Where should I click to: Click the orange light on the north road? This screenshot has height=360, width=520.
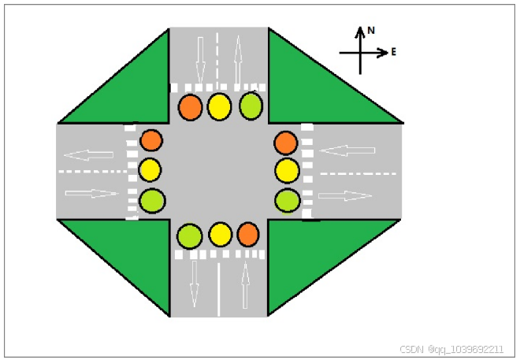click(190, 107)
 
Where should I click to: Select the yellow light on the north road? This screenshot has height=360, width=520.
click(219, 106)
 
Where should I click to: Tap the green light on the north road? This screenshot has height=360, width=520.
click(251, 106)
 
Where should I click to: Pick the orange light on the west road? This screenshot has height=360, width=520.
click(150, 141)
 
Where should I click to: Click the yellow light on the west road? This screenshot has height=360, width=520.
click(150, 169)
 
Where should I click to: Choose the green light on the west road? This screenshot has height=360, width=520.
click(151, 201)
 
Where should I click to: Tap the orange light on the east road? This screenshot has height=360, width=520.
click(286, 143)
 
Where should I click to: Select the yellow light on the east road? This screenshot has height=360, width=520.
click(288, 170)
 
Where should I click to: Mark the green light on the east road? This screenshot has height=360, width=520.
click(287, 201)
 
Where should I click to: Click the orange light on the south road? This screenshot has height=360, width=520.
click(248, 233)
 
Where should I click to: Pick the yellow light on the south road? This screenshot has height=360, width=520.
click(221, 234)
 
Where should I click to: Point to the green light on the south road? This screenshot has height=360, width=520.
click(189, 235)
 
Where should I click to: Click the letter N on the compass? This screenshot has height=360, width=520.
click(371, 30)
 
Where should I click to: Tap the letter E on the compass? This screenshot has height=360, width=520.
click(393, 52)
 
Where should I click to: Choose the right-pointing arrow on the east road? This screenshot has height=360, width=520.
click(345, 195)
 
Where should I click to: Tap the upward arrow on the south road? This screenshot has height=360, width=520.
click(245, 284)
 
